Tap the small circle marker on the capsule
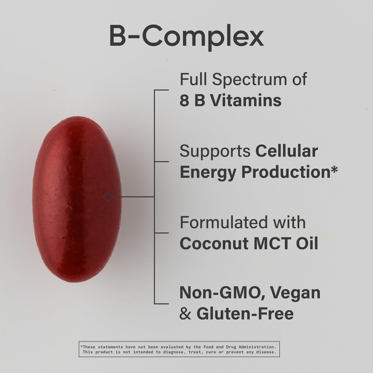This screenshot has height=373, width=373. [108, 196]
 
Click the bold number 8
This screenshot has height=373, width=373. [184, 101]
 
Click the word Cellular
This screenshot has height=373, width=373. [287, 151]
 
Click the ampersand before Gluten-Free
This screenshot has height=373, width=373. [185, 314]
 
